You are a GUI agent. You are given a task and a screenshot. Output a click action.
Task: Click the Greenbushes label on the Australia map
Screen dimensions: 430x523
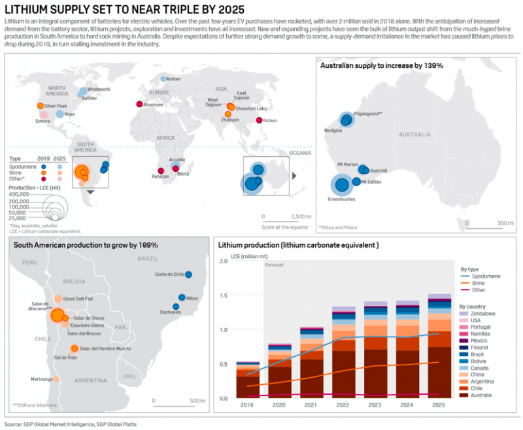point(342,198)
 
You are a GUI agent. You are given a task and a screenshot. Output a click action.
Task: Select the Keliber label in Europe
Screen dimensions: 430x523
point(173,79)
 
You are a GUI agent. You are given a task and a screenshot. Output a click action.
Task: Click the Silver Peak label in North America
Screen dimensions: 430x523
point(56,106)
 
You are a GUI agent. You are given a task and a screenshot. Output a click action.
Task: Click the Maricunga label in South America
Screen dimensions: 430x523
point(41,379)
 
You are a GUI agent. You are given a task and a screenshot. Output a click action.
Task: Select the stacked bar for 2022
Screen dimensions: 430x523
point(344,353)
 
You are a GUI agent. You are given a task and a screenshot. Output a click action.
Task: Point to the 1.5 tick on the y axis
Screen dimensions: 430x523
point(224,295)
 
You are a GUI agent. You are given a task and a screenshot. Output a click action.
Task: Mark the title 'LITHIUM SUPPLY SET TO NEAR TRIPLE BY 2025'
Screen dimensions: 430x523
point(125,10)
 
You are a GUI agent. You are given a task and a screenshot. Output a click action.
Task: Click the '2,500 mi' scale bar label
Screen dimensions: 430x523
point(301,216)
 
